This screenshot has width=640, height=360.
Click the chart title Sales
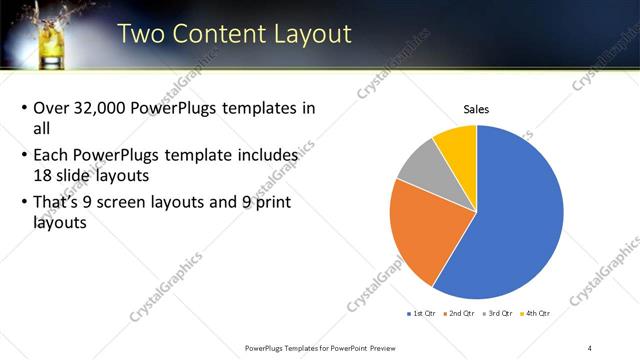click(476, 109)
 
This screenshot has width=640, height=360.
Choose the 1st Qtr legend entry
click(420, 314)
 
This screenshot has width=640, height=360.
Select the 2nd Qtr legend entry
click(459, 314)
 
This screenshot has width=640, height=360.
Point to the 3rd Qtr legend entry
click(497, 314)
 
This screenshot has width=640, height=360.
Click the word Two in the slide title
click(142, 33)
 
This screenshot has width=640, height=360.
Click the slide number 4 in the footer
click(590, 347)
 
